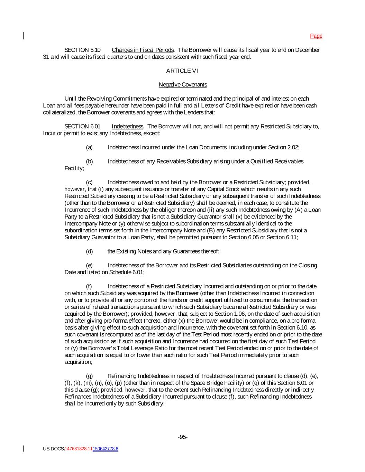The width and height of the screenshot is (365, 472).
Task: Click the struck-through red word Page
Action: point(316,36)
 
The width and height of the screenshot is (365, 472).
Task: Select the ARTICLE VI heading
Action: point(182,71)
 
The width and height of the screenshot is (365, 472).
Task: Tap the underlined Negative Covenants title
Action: point(183,85)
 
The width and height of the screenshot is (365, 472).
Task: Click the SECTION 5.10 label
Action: point(82,50)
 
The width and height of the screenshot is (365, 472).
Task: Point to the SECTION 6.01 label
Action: point(82,127)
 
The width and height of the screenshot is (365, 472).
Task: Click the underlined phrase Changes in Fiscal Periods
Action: point(143,50)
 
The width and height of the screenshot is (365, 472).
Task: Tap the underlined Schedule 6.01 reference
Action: point(126,272)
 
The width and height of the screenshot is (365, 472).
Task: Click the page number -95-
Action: point(183,437)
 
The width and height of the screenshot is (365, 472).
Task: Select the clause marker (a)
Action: point(89,148)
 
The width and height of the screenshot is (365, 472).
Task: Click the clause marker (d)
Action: point(89,251)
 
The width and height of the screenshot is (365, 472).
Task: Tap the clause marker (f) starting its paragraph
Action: point(89,286)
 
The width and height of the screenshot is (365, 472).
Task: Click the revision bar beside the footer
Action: point(24,448)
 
